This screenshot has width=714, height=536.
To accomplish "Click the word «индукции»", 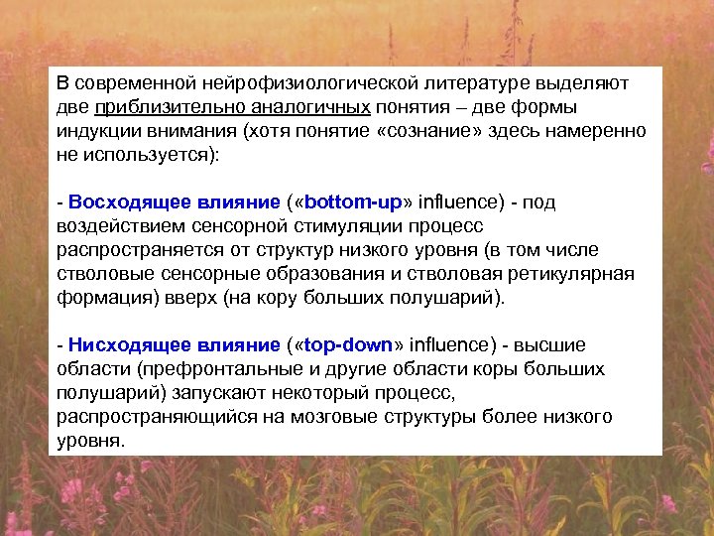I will pyautogui.click(x=95, y=131).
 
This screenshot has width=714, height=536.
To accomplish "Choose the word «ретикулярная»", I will pyautogui.click(x=579, y=273).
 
